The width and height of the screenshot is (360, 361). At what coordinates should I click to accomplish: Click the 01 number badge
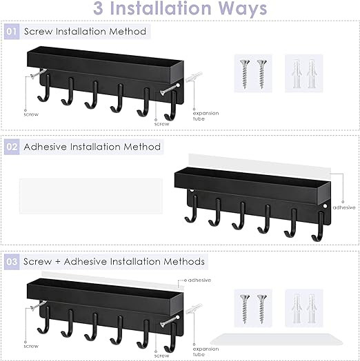(12, 31)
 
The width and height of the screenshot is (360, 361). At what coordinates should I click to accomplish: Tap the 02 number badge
(12, 147)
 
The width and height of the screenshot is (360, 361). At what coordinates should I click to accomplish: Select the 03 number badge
(12, 262)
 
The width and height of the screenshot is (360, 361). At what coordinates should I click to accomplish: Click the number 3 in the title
(98, 8)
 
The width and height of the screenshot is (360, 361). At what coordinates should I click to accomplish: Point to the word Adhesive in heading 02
(46, 147)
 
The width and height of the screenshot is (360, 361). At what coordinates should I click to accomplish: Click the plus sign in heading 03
(58, 262)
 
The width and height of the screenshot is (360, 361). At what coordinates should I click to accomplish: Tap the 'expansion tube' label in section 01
(206, 116)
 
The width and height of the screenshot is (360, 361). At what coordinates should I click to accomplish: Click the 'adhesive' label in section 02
(344, 207)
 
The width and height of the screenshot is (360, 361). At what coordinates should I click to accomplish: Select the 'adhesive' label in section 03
(199, 280)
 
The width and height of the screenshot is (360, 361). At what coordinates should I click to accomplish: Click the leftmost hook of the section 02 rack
(191, 209)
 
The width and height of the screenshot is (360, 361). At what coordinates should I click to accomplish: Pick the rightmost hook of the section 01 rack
(171, 105)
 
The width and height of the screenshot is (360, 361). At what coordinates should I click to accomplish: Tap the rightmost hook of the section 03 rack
(170, 338)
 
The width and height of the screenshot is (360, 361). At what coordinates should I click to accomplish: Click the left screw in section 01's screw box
(245, 74)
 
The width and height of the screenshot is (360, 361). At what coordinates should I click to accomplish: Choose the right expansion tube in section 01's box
(311, 74)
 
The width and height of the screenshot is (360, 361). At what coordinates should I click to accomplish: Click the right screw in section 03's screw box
(262, 309)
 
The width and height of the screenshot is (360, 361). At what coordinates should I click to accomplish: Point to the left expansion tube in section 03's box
(297, 309)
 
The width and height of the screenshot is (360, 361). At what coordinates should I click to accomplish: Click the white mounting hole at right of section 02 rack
(325, 206)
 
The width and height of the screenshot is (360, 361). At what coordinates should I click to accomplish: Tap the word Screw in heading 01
(38, 31)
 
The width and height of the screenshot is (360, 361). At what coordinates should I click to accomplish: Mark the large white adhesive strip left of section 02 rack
(91, 196)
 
